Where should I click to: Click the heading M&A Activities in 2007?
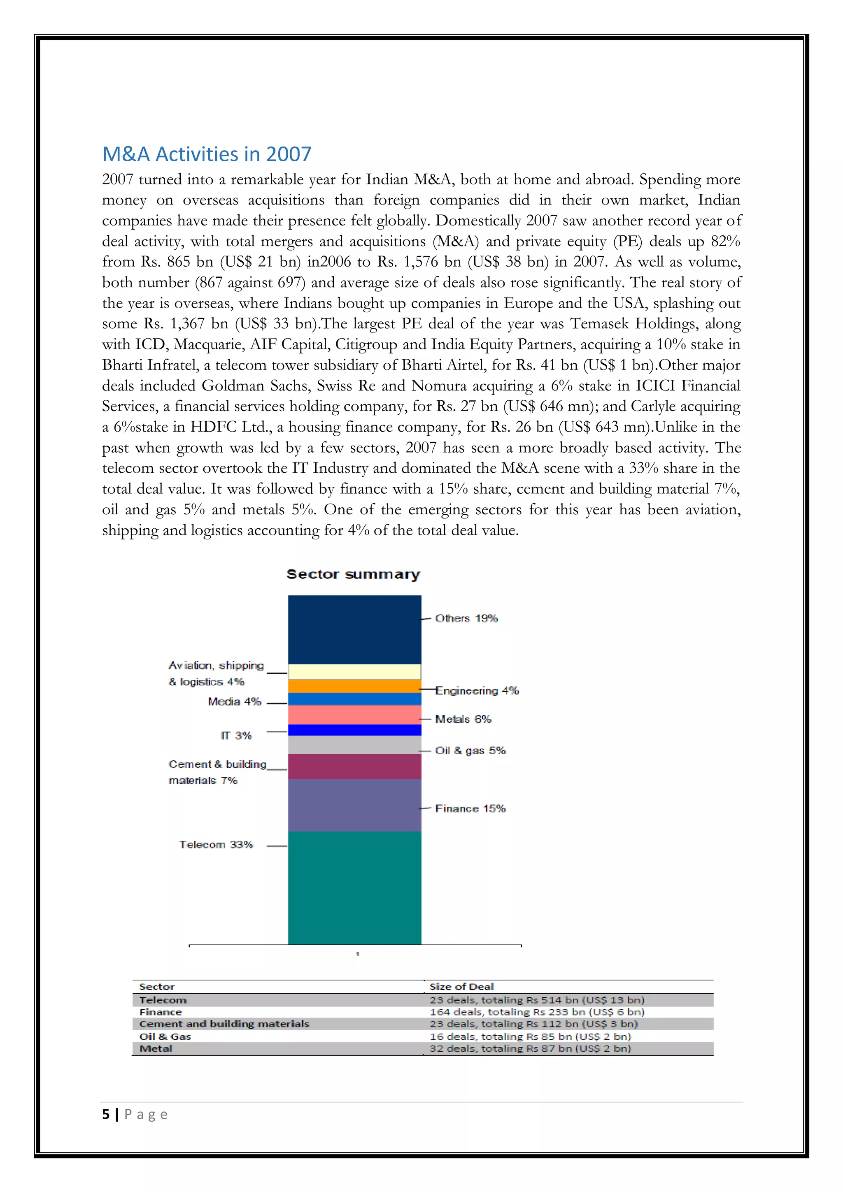click(x=206, y=154)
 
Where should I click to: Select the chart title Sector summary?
click(x=353, y=574)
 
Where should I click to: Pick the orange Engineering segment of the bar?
click(x=354, y=686)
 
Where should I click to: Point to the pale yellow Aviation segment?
click(x=354, y=672)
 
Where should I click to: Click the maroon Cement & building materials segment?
click(x=354, y=766)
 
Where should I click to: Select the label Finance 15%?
click(x=470, y=809)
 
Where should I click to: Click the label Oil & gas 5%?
click(x=470, y=750)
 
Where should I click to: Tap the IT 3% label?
click(x=236, y=736)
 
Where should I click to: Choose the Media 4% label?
click(x=234, y=702)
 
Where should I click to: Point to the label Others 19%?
click(x=466, y=618)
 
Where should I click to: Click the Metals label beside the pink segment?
click(x=463, y=719)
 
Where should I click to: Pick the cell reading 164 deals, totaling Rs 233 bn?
click(x=537, y=1012)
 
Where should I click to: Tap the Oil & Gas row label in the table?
click(x=165, y=1036)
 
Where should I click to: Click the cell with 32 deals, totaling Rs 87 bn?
click(x=530, y=1048)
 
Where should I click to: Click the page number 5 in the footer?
click(x=106, y=1114)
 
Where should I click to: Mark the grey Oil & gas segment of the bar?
click(x=354, y=744)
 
